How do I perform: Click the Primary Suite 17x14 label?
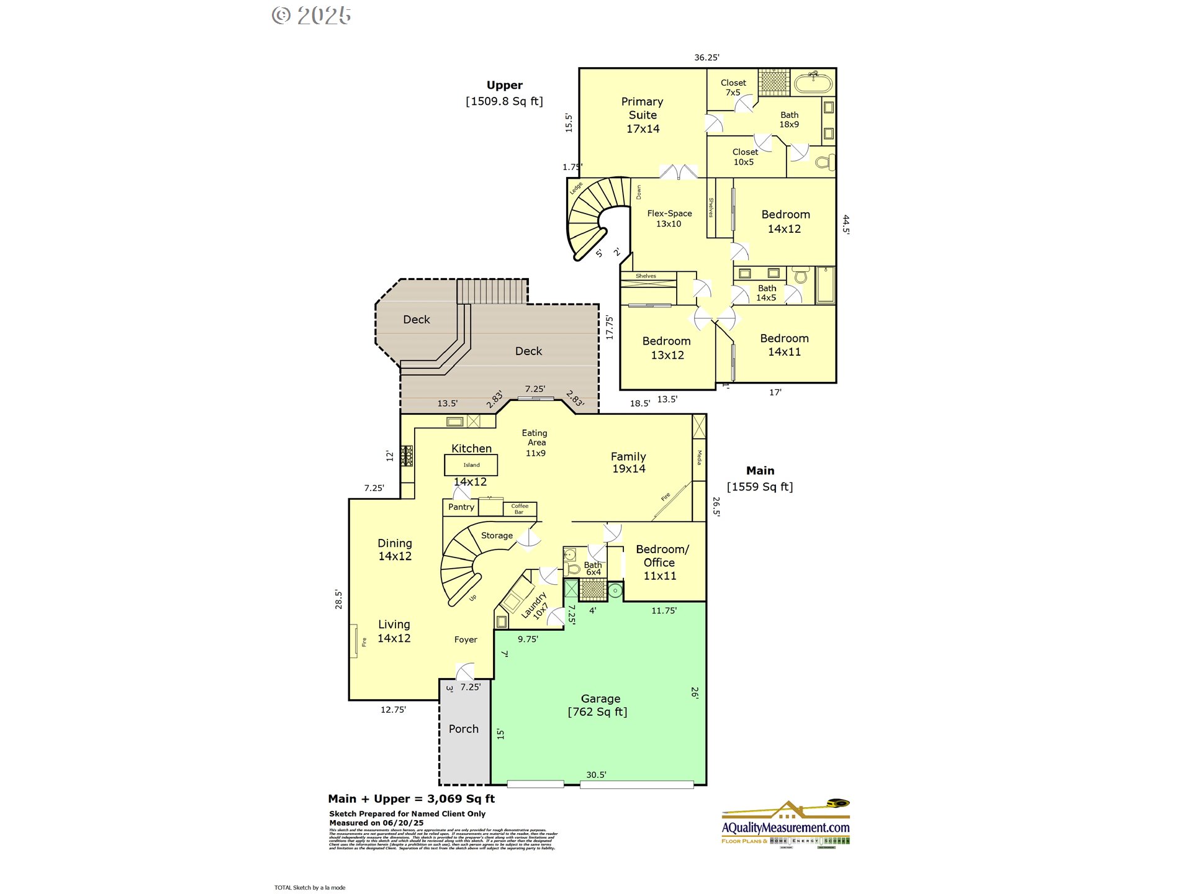[x=643, y=115]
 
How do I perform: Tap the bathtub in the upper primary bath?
[x=813, y=83]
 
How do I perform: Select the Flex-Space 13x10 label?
[x=669, y=219]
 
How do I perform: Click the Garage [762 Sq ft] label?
[x=598, y=705]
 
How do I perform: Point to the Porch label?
[x=464, y=729]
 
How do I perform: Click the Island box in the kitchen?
[x=471, y=465]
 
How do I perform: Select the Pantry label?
[x=461, y=507]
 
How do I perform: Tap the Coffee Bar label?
[x=520, y=509]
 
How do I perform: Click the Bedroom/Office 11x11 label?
[x=661, y=562]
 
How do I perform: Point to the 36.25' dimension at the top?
[x=707, y=58]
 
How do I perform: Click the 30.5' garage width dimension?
[x=596, y=775]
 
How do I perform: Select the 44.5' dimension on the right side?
[x=846, y=224]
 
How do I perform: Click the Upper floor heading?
[x=504, y=86]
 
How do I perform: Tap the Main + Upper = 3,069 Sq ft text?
[x=412, y=799]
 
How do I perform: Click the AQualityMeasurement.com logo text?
[x=785, y=828]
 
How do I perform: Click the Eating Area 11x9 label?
[x=535, y=443]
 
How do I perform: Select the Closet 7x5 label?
[x=733, y=88]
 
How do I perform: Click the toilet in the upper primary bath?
[x=824, y=163]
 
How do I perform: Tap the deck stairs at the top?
[x=492, y=291]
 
